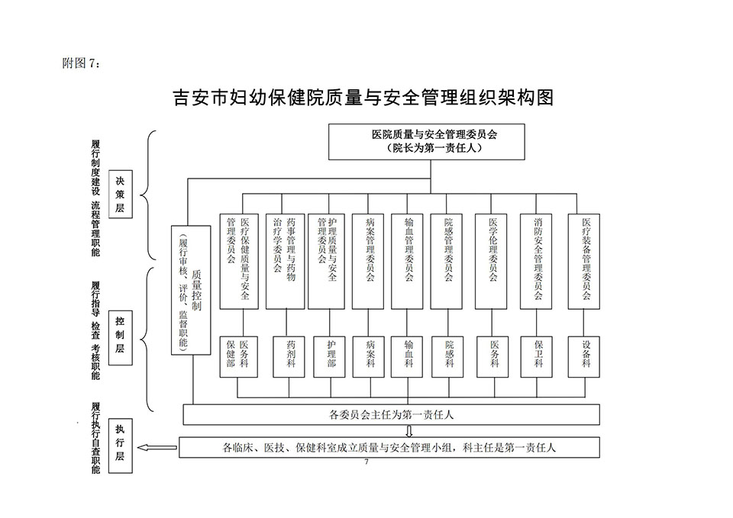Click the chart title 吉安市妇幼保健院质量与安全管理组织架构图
tap(363, 98)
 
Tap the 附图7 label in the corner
tap(81, 63)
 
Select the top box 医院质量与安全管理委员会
tap(426, 142)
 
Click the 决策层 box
tap(120, 195)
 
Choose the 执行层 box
tap(120, 446)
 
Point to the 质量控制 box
tap(191, 290)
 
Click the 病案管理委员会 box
tap(368, 262)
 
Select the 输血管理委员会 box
tap(407, 262)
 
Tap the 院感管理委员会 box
tap(447, 262)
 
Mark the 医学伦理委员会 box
tap(491, 262)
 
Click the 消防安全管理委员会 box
tap(536, 262)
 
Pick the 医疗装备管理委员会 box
tap(584, 262)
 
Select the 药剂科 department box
tap(289, 357)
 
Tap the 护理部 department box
tap(330, 357)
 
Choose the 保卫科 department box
tap(537, 357)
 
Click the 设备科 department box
tap(584, 357)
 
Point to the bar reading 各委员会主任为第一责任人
tap(391, 415)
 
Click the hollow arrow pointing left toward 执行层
tap(157, 448)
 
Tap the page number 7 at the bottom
tap(366, 462)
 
